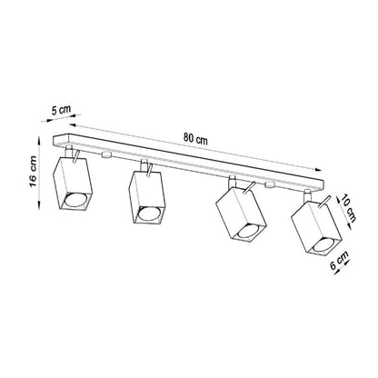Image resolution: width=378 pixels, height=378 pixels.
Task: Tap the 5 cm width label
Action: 62,110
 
